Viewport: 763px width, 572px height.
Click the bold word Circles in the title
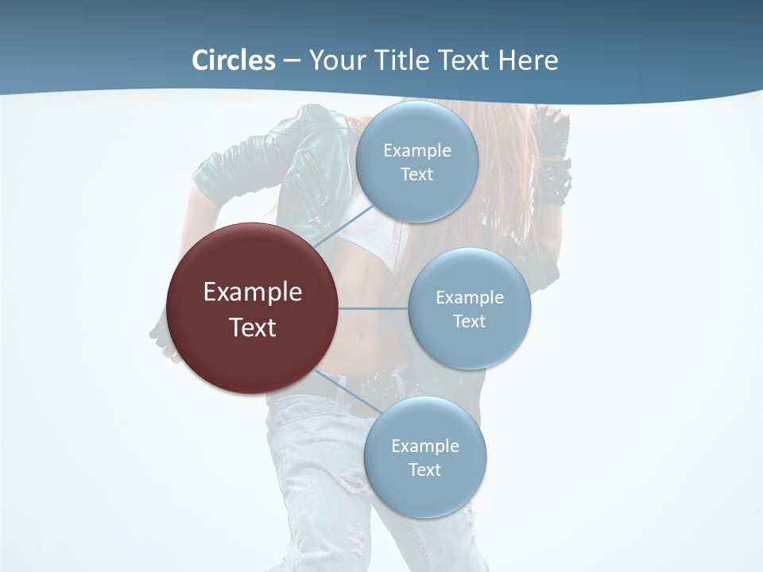pos(234,60)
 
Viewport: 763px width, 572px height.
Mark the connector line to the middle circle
pos(374,308)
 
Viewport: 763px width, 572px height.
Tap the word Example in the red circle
pos(253,292)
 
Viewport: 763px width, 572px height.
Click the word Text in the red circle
pos(253,327)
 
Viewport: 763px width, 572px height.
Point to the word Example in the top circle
pos(417,151)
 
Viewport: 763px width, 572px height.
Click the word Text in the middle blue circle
pos(470,322)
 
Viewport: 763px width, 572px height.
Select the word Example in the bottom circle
pos(425,446)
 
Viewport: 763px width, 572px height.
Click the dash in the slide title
pos(291,60)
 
